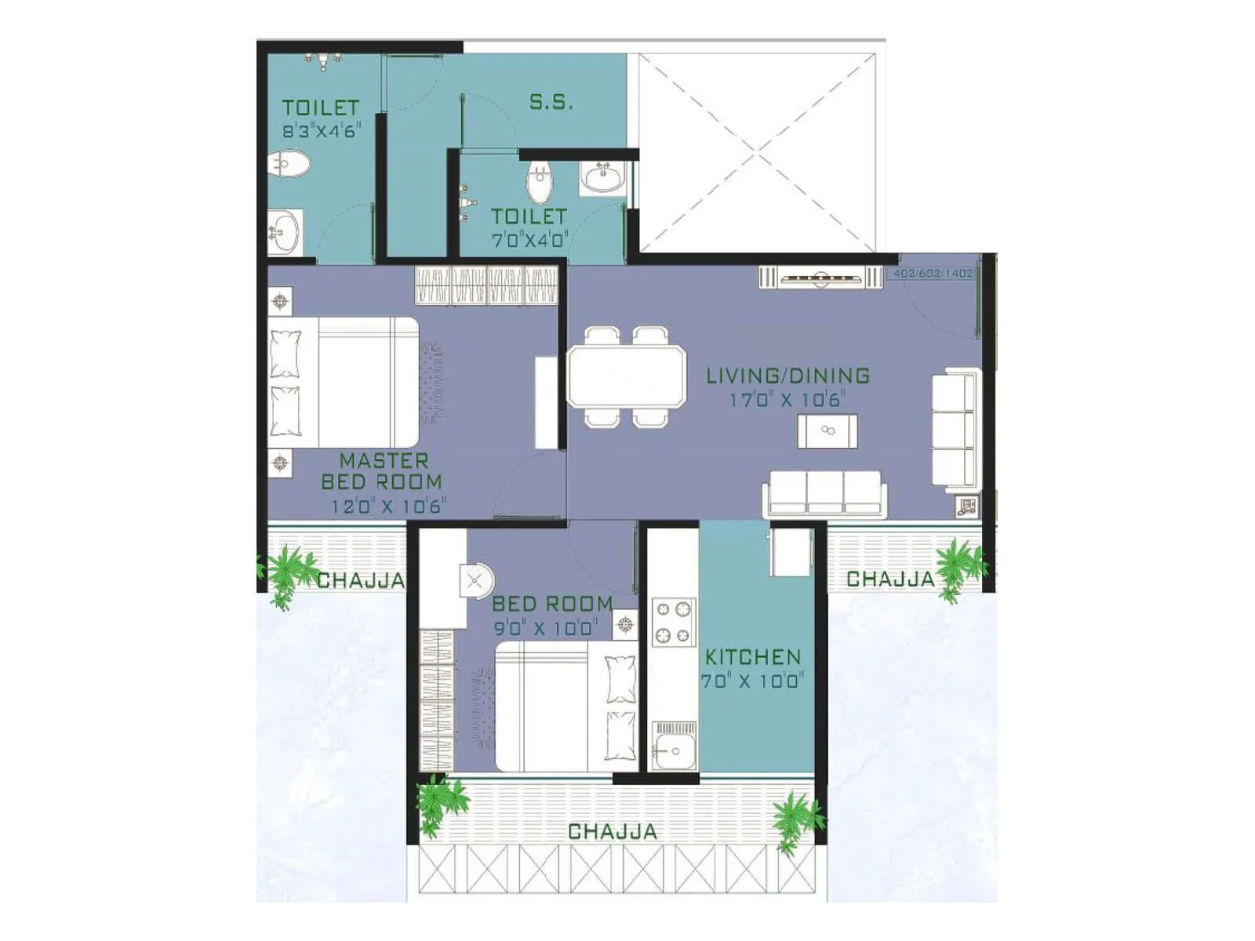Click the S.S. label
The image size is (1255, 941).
coord(551,102)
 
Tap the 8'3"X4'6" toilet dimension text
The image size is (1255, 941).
coord(321,131)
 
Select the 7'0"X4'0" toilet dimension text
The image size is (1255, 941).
coord(529,239)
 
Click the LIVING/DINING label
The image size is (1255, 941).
coord(788,376)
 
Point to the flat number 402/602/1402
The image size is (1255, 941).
coord(933,274)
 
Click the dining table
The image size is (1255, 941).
coord(626,376)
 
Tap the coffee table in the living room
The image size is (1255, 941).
coord(827,431)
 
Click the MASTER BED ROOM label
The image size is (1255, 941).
coord(382,471)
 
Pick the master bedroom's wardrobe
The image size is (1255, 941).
coord(486,285)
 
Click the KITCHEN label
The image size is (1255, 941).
coord(752,657)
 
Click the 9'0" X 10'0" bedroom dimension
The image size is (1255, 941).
coord(545,627)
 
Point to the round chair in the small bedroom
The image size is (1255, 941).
coord(475,582)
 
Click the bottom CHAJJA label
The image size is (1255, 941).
coord(612,831)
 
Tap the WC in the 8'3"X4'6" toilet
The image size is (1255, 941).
coord(288,165)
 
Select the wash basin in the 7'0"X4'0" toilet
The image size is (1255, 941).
coord(602,178)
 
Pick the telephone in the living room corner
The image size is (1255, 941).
coord(966,507)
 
